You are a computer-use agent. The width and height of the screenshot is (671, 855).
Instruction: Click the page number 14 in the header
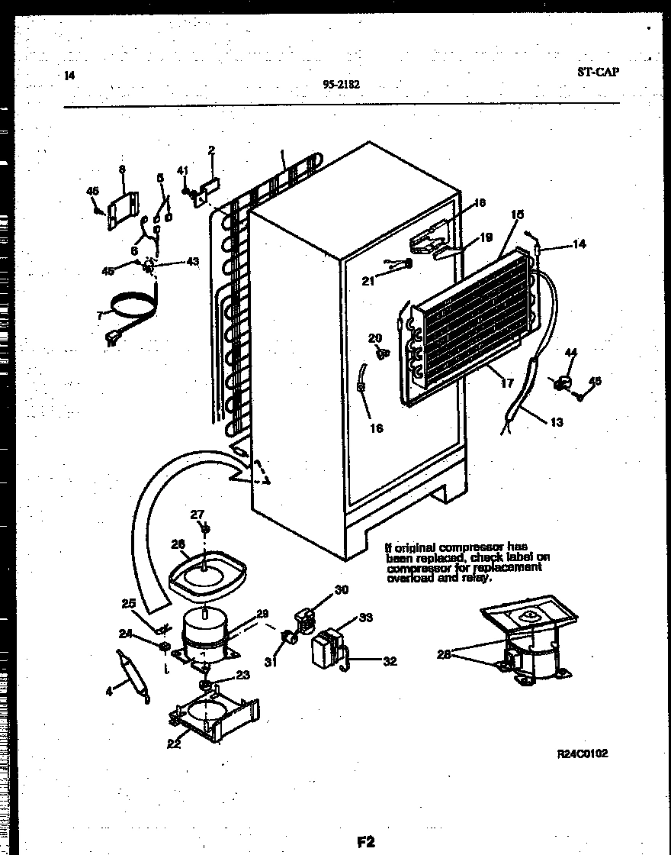70,75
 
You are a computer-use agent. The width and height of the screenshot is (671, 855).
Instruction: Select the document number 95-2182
342,85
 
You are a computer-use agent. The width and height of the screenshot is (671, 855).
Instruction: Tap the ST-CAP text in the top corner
598,72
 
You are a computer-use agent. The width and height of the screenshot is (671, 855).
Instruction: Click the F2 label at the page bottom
366,842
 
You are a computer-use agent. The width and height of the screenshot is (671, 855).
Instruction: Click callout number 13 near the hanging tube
557,421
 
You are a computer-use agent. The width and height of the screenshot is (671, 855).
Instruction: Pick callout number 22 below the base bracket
175,744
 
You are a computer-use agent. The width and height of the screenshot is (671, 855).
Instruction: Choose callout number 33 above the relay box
366,618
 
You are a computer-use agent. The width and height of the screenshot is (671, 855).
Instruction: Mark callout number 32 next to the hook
390,661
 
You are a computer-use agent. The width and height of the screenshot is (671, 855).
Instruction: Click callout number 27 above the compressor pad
197,513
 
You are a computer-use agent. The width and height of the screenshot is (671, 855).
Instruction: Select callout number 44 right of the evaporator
572,352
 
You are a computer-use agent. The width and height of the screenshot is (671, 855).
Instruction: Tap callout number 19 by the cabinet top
486,237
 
